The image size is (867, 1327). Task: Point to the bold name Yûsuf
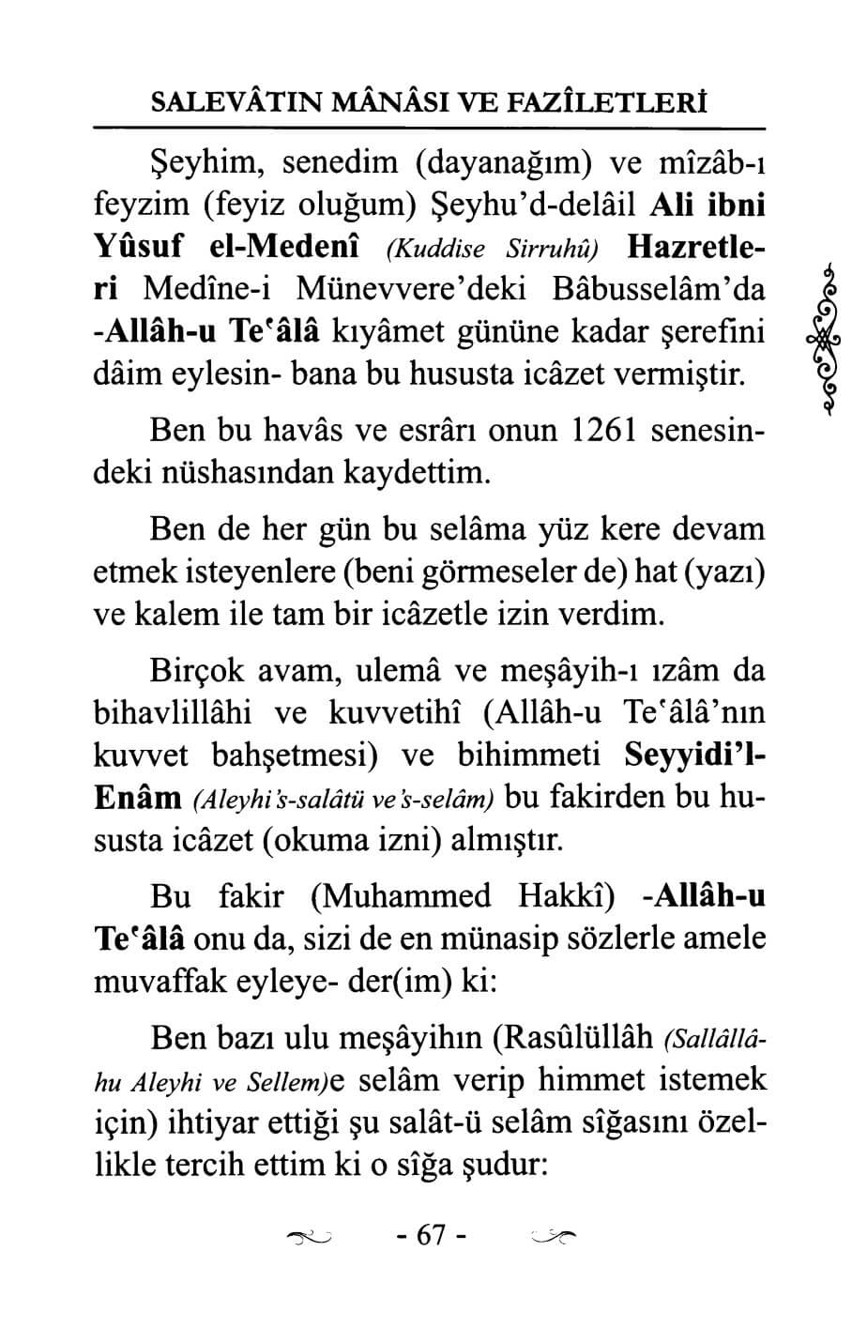[x=139, y=249]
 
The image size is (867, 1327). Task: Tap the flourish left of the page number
[x=311, y=1239]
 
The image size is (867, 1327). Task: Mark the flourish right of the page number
[x=553, y=1239]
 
